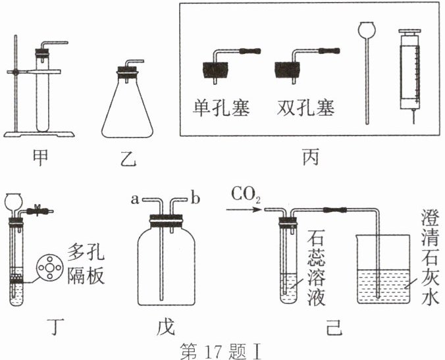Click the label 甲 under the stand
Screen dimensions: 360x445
40,159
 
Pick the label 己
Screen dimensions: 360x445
334,325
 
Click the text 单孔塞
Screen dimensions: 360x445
221,107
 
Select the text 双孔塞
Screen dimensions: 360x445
303,107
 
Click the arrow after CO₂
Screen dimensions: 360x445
243,210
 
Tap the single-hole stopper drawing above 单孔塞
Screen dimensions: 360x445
217,68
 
